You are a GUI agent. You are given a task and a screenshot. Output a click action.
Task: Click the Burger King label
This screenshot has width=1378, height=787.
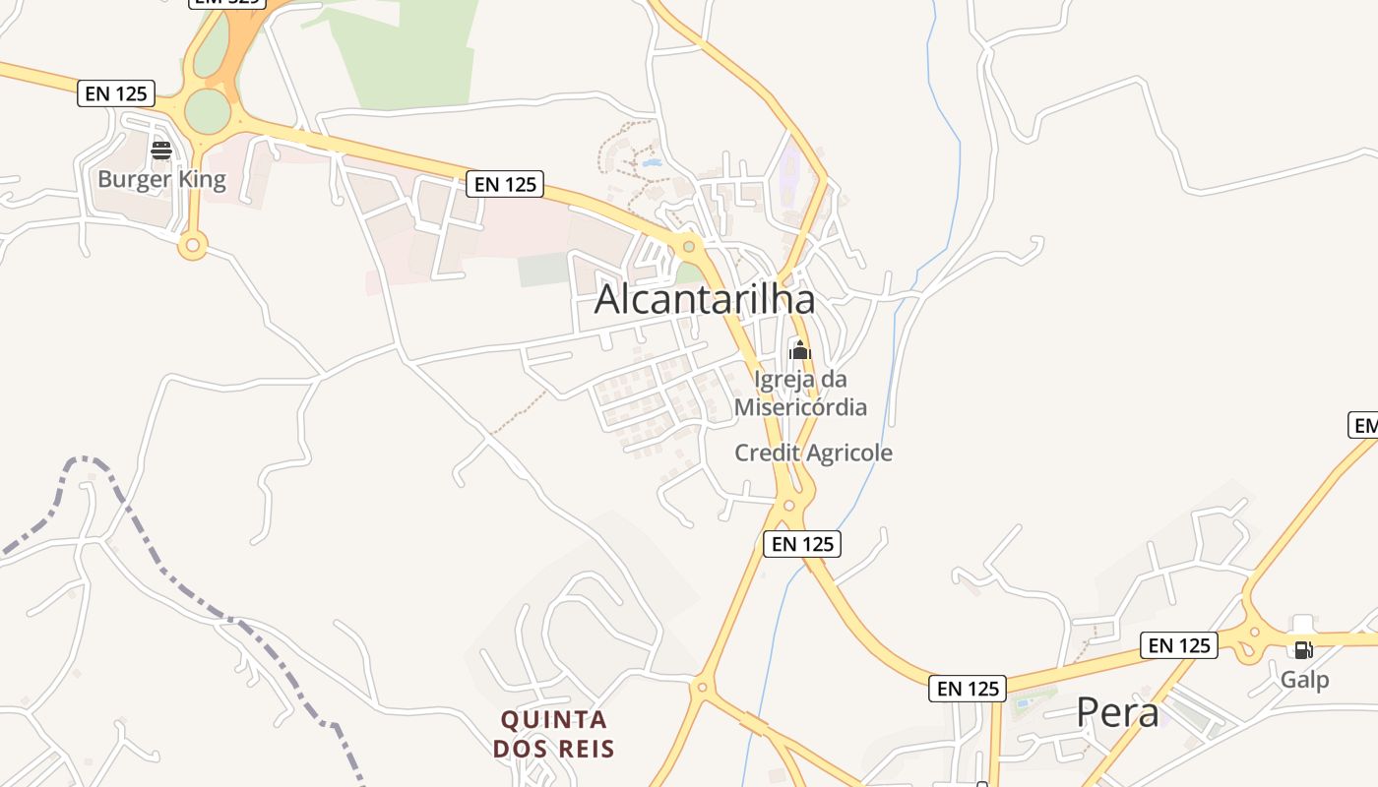click(x=161, y=179)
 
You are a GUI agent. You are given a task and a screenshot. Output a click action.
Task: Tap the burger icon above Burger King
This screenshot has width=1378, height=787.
click(x=161, y=151)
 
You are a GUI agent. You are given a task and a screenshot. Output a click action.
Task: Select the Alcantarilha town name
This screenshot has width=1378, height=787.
click(x=705, y=300)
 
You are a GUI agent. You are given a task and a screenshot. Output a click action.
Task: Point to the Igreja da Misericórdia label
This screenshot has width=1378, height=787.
click(x=800, y=393)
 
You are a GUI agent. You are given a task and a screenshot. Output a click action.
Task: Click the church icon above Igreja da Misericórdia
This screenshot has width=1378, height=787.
click(x=800, y=350)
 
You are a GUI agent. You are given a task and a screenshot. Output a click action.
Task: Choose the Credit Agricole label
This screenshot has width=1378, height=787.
click(x=814, y=453)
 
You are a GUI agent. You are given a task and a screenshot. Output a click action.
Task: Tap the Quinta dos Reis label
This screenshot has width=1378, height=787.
click(x=553, y=734)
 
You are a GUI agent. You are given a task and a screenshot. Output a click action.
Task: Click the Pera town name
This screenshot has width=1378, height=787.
click(x=1117, y=712)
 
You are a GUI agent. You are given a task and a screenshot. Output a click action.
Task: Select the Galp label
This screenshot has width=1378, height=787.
click(x=1304, y=680)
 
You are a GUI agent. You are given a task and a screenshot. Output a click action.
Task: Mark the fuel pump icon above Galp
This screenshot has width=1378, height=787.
click(x=1303, y=649)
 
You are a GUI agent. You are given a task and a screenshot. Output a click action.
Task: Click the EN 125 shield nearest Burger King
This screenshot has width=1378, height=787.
click(x=116, y=93)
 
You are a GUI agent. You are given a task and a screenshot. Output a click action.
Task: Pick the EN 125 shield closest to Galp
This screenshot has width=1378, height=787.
click(x=1179, y=645)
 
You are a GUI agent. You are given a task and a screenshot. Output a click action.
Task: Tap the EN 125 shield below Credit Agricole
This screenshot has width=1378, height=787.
click(x=802, y=544)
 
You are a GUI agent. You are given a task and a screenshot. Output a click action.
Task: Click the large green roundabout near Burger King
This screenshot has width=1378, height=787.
click(x=208, y=111)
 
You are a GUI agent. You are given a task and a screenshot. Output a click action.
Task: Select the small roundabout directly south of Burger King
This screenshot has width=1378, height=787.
click(x=192, y=245)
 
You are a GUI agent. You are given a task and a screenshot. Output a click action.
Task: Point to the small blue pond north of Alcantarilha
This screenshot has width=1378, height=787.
click(x=652, y=163)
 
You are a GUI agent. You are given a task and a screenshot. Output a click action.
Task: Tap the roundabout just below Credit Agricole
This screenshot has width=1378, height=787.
click(x=788, y=507)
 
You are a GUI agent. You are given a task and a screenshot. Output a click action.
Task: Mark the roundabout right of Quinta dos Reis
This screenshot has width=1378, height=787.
click(x=701, y=688)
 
